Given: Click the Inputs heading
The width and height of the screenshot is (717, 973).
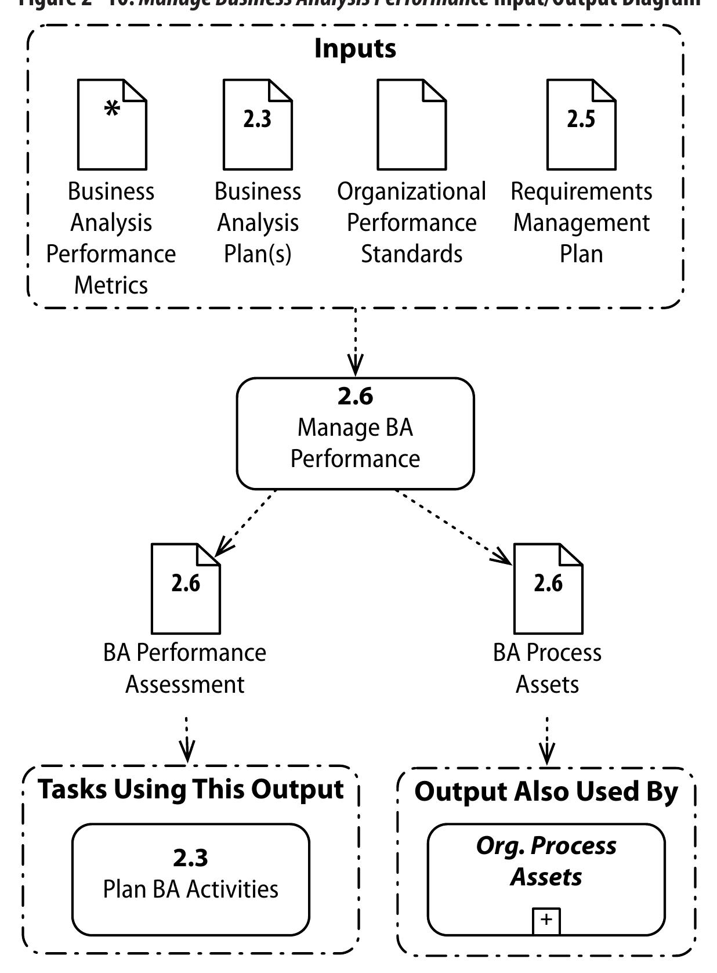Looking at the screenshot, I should click(x=355, y=49).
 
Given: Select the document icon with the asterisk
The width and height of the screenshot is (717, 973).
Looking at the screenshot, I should click(x=112, y=125).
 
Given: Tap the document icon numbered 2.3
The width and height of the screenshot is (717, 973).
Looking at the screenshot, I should click(x=258, y=125).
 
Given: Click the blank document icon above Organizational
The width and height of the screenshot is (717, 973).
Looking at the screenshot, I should click(x=411, y=125).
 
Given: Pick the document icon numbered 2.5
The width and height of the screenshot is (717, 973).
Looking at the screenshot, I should click(x=581, y=125).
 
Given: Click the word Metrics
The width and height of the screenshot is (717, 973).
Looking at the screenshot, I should click(x=111, y=285).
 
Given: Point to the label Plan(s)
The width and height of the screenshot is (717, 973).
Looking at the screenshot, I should click(x=258, y=254).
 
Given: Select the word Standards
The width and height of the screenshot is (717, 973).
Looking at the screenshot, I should click(x=412, y=254).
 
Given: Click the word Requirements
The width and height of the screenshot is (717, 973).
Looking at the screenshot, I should click(x=581, y=191).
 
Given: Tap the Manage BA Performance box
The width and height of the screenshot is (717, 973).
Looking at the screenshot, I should click(x=355, y=434).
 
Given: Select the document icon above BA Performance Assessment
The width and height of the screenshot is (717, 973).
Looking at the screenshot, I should click(x=186, y=588).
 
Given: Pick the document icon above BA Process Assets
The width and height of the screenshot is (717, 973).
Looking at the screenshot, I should click(x=548, y=588).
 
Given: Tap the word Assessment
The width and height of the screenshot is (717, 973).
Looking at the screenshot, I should click(x=185, y=685).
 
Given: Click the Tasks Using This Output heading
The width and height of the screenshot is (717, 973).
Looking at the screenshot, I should click(x=191, y=790).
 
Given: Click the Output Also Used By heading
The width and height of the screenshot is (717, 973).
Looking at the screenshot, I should click(x=546, y=792).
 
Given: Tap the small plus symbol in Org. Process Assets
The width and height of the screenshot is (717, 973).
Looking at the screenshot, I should click(x=546, y=920).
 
